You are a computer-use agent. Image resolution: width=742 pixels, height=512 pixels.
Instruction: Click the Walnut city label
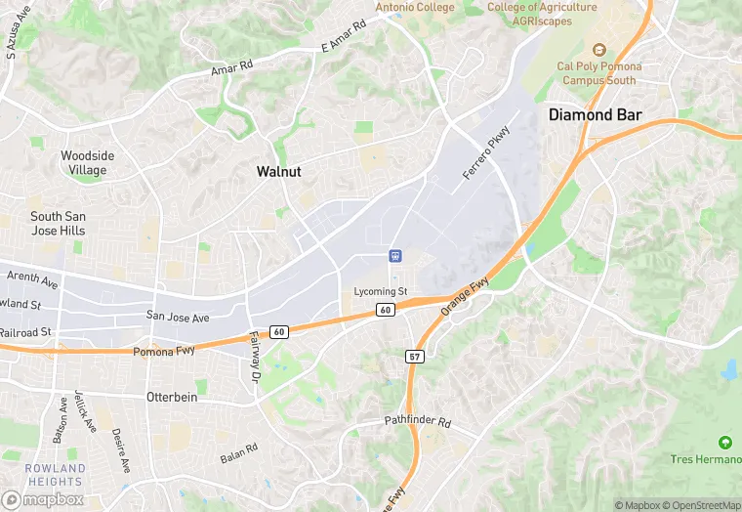(x=278, y=171)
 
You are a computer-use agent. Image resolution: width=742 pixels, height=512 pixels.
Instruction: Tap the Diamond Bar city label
(x=595, y=114)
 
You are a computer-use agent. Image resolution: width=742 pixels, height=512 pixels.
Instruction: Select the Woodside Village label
(x=87, y=162)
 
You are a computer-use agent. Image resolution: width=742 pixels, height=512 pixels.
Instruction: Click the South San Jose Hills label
(x=58, y=224)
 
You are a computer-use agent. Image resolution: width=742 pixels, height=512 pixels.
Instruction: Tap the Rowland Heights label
(x=55, y=475)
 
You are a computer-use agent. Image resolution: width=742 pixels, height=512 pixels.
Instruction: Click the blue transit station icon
(x=395, y=257)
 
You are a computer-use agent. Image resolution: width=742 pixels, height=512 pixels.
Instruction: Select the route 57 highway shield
(x=414, y=358)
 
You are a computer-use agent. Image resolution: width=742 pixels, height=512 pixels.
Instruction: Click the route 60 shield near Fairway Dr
(x=279, y=332)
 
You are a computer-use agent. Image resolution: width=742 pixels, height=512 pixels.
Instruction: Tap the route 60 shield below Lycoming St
(x=385, y=311)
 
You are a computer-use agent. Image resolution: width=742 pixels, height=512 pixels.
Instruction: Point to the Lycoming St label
(x=381, y=292)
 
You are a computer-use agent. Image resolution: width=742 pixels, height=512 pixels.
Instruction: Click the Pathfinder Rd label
(x=417, y=423)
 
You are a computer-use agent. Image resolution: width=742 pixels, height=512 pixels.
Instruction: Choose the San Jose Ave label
(x=178, y=318)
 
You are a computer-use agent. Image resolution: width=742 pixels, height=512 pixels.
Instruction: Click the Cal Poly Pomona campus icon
(x=599, y=50)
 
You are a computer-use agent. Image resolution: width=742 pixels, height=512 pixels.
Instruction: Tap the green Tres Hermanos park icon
(x=724, y=443)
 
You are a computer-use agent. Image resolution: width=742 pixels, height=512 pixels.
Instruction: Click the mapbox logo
(x=44, y=498)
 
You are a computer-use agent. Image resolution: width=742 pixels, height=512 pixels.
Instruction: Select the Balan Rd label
(x=238, y=452)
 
